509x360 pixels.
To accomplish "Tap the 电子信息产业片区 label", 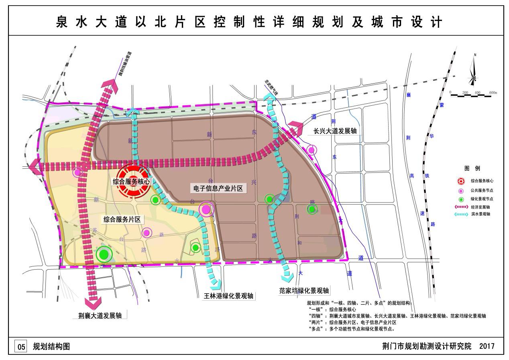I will [x=218, y=188].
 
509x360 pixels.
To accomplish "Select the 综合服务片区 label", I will [x=122, y=219].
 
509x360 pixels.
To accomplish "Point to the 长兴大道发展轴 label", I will [x=335, y=131].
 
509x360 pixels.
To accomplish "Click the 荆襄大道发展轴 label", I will [x=100, y=315].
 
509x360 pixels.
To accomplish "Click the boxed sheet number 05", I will [x=21, y=346].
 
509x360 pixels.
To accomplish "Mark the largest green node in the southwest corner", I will [x=104, y=254].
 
